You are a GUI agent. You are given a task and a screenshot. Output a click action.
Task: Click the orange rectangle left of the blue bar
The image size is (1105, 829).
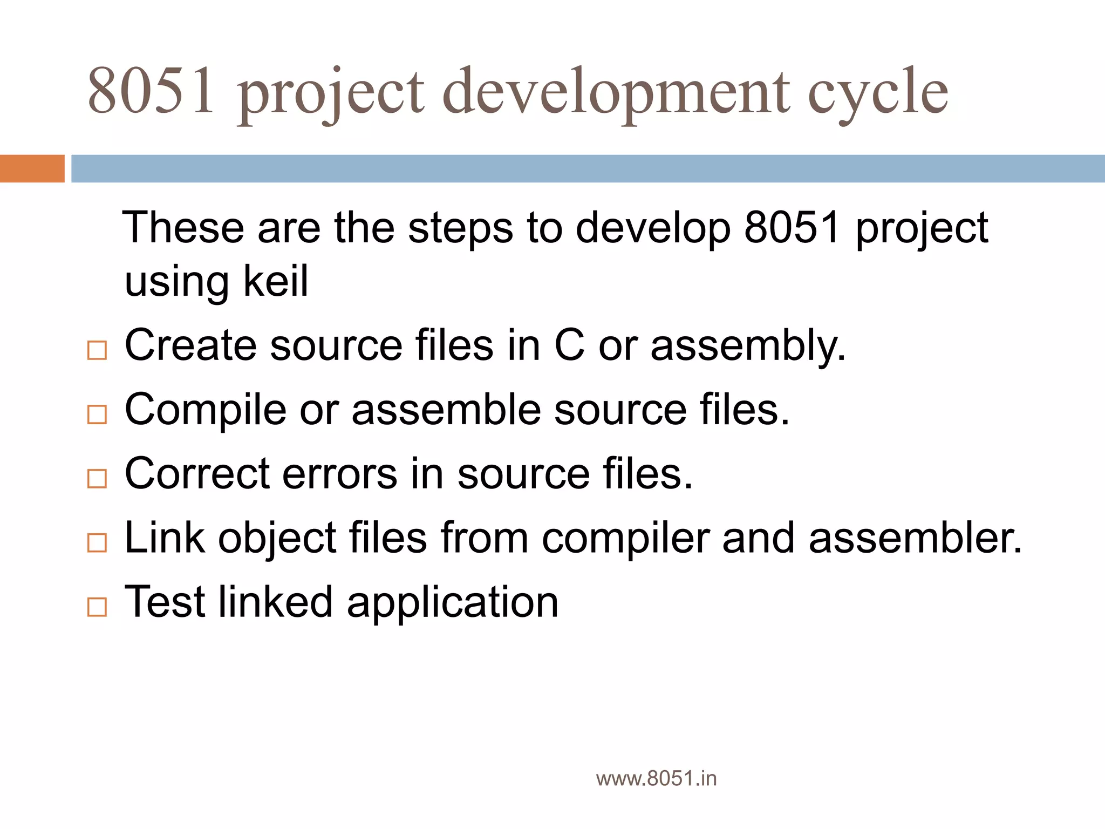coord(32,168)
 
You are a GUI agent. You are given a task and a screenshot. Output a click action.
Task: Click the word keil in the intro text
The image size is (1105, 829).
coord(276,281)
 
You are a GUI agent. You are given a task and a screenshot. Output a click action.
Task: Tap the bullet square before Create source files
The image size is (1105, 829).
coord(97,350)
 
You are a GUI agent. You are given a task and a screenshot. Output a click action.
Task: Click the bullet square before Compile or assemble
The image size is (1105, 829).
coord(97,414)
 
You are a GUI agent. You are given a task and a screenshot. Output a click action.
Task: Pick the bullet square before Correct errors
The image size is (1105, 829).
coord(97,478)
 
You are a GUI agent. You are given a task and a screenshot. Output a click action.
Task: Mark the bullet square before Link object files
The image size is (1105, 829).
coord(97,542)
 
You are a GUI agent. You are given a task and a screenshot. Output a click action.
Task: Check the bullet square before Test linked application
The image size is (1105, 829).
coord(97,607)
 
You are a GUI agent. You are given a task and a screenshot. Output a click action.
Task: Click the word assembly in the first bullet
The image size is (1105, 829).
coord(747,346)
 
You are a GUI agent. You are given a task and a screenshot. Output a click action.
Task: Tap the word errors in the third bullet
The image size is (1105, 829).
coord(339,474)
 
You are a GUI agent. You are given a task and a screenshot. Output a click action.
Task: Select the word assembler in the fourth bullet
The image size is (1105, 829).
coord(915,539)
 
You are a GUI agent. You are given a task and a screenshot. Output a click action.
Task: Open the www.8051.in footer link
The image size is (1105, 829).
coord(656,778)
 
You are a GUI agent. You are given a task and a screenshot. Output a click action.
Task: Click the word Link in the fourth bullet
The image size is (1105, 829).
coord(165,538)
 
